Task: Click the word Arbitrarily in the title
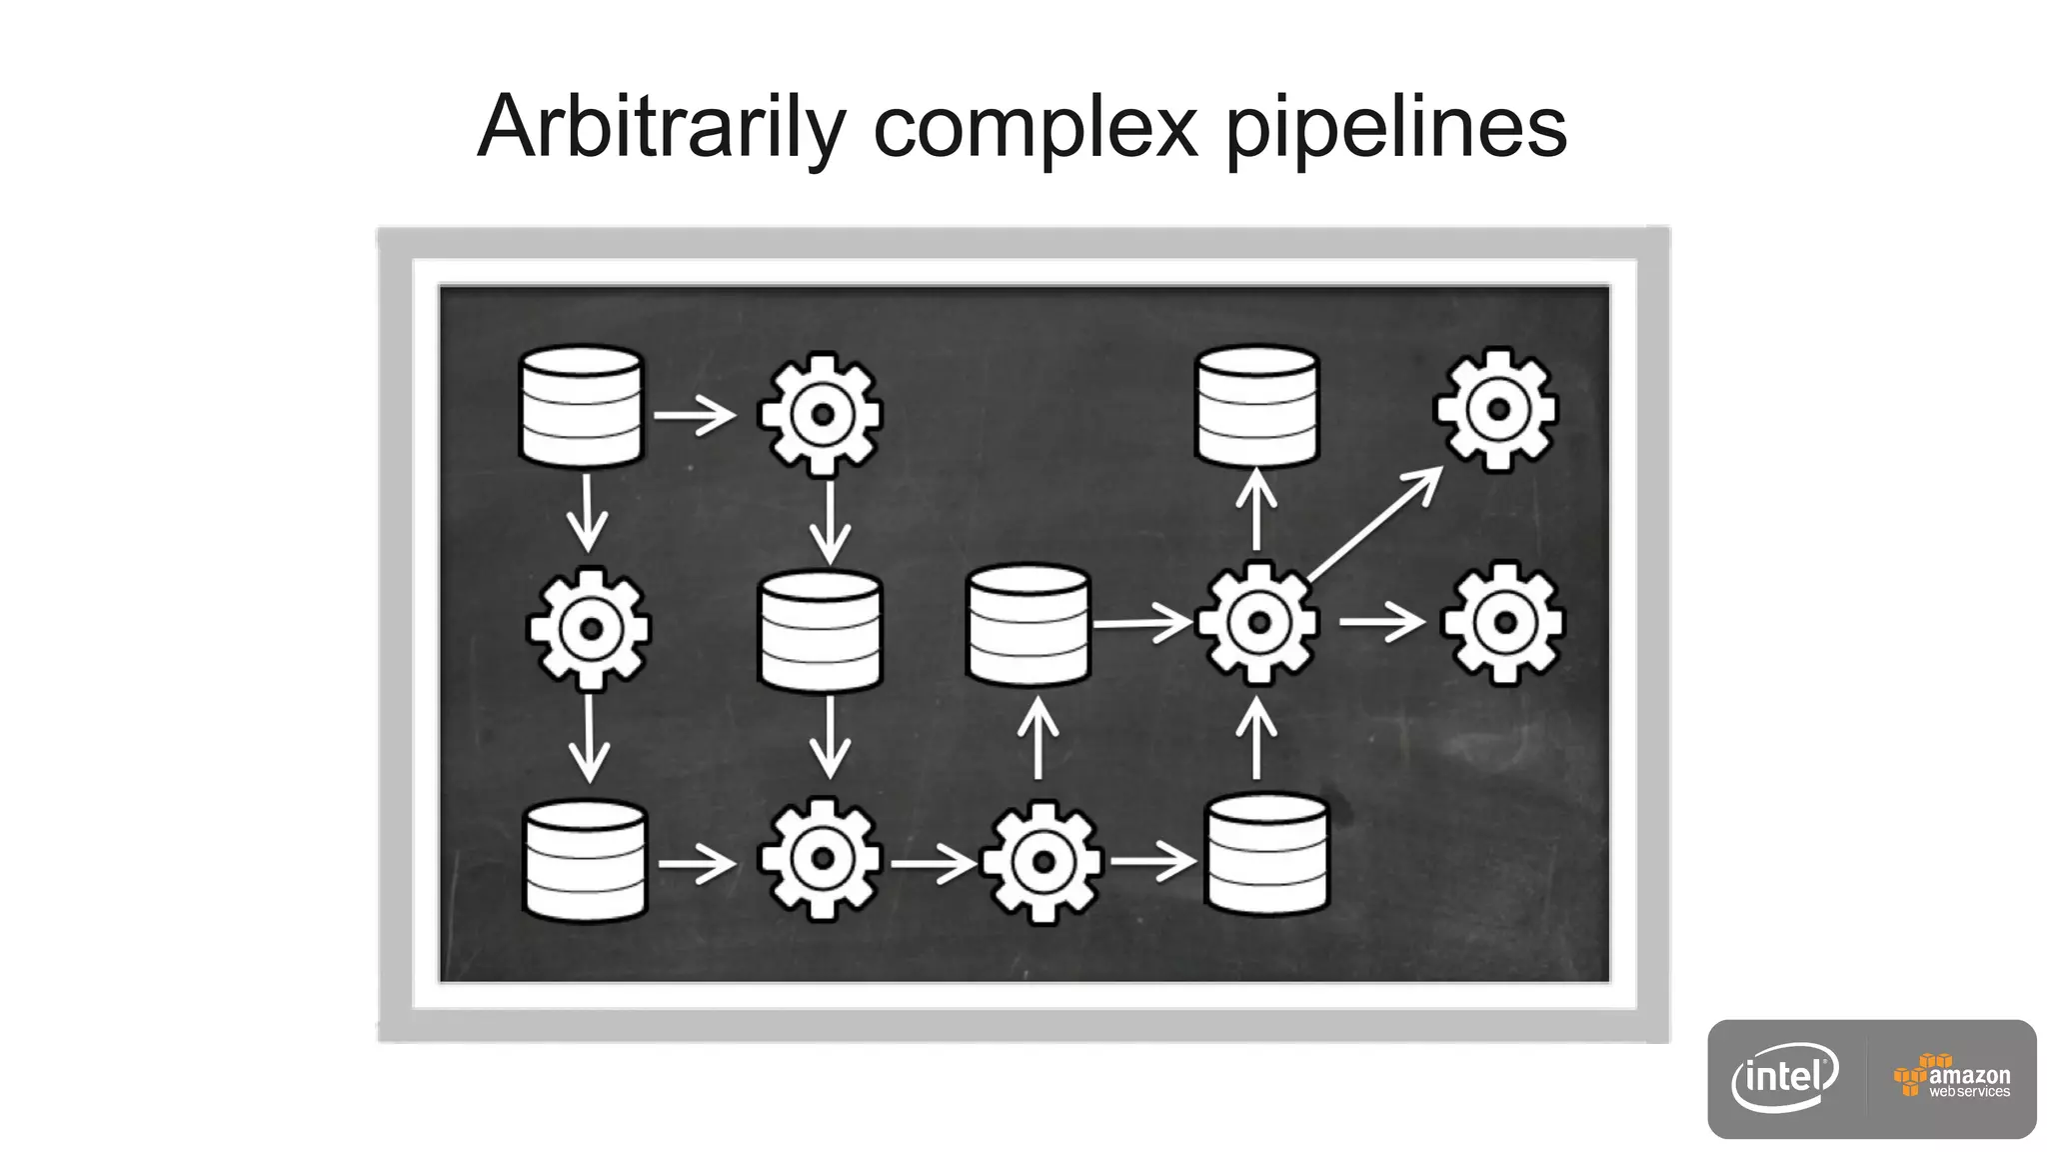(662, 127)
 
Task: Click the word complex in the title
(1035, 127)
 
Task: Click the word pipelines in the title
(1396, 127)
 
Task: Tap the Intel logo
(1785, 1077)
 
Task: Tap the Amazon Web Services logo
(1952, 1077)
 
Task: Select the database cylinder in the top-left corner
(582, 406)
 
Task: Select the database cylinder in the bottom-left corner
(586, 861)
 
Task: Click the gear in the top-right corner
(1496, 409)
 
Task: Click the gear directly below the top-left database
(590, 629)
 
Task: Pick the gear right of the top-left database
(821, 414)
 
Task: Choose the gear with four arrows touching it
(1258, 622)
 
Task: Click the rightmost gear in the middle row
(1503, 623)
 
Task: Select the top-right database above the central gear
(1257, 406)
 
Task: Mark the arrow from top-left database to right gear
(695, 414)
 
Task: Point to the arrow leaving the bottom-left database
(698, 863)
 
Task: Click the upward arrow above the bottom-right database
(1256, 738)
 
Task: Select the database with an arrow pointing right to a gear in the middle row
(1028, 625)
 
